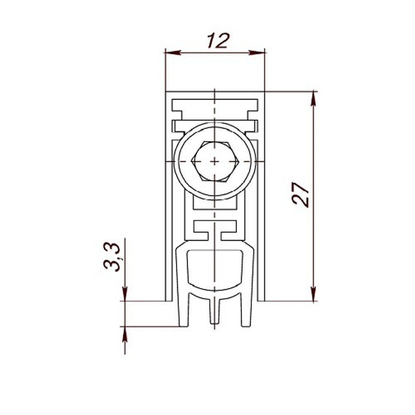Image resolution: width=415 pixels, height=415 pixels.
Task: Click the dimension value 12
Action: coord(217,41)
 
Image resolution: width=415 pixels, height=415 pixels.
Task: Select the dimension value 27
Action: coord(301,194)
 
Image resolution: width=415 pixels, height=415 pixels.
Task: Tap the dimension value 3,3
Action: coord(112,256)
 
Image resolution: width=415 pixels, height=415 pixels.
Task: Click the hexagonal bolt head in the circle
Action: coord(214,161)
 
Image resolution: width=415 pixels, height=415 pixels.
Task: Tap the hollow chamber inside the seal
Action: coord(214,268)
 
